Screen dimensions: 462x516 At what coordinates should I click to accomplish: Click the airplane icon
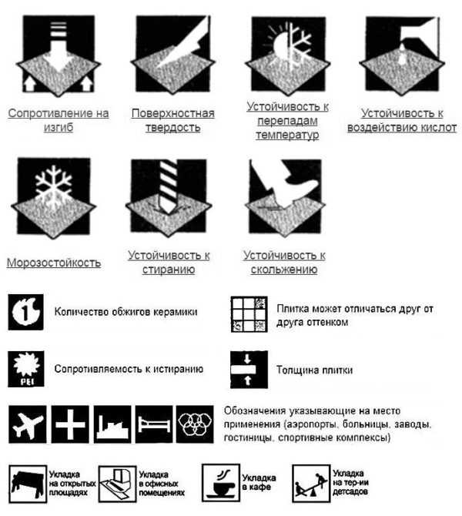[27, 424]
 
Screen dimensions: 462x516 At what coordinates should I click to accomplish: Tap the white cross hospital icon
[70, 424]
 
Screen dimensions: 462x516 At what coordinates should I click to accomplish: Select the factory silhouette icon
[112, 424]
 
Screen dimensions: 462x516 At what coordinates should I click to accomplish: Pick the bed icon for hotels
[154, 424]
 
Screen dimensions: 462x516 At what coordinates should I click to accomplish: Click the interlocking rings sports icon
[195, 424]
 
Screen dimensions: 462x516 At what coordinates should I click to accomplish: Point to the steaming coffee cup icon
[221, 483]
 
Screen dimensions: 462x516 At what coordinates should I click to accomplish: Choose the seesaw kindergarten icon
[311, 483]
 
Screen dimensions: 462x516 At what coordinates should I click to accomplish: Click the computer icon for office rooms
[118, 484]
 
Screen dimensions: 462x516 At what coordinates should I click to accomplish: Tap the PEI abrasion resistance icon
[26, 369]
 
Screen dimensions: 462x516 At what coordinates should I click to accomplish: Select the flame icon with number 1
[25, 312]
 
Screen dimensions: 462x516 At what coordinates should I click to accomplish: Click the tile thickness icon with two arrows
[249, 370]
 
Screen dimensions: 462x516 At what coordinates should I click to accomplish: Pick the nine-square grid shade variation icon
[249, 314]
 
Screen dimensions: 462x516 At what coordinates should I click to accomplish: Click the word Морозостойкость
[54, 263]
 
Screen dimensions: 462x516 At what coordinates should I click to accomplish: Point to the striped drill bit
[168, 186]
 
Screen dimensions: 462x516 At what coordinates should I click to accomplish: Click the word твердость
[173, 128]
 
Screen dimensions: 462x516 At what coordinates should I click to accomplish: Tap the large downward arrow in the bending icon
[59, 48]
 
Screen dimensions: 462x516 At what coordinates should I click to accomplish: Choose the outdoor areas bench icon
[28, 484]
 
